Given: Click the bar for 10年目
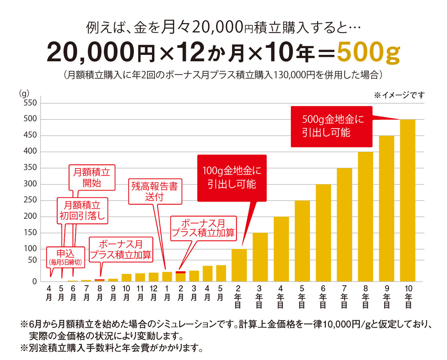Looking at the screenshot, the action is point(408,201).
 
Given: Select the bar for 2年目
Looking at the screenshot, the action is point(239,265).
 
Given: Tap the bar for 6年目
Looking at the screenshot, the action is point(323,233).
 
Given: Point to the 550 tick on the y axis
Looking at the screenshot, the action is point(30,103).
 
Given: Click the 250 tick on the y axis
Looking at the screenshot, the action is point(30,200).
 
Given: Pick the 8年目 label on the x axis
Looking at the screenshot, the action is point(365,297).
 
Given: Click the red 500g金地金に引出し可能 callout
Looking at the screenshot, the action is point(331,127).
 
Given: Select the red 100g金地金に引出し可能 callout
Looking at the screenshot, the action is point(232,178).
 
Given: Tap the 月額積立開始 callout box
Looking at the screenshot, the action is point(92,178).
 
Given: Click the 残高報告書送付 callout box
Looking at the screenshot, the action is point(155,191).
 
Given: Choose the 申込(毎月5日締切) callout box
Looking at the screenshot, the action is point(65,257).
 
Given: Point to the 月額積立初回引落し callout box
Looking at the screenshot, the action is point(82,211).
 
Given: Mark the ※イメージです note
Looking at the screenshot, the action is point(399,95).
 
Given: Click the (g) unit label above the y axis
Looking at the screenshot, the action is point(24,94).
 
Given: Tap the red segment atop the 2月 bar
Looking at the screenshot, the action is point(181,272).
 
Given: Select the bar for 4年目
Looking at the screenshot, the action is point(281,249).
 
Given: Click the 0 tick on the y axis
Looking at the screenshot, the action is point(35,282).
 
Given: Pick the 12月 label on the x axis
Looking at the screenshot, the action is point(154,293).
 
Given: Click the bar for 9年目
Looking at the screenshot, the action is point(387,209).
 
